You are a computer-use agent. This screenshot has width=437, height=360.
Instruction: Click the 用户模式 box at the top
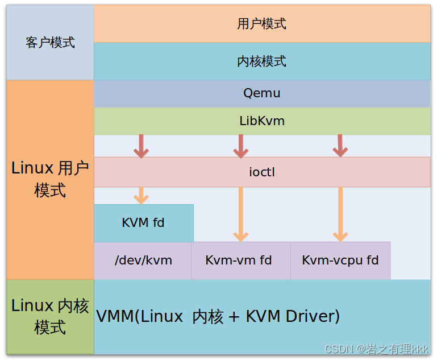(261, 23)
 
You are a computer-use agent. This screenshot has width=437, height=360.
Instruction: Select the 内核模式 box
(261, 61)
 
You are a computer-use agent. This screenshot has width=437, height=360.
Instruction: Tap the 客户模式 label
(50, 43)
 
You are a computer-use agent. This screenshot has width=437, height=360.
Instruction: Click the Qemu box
(261, 93)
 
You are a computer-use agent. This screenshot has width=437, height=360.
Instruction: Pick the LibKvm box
(261, 121)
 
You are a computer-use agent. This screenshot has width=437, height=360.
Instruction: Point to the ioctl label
(261, 172)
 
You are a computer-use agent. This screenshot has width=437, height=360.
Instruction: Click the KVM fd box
(143, 223)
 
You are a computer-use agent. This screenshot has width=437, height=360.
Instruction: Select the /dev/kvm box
(143, 260)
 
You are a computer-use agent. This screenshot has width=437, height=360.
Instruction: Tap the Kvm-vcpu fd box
(340, 260)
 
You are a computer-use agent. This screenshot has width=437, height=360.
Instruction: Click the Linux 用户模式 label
(50, 179)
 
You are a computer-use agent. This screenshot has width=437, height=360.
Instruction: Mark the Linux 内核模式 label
(50, 316)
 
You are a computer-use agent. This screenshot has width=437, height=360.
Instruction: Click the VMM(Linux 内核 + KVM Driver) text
(218, 316)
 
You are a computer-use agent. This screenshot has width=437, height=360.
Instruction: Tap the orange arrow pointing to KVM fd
(141, 195)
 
